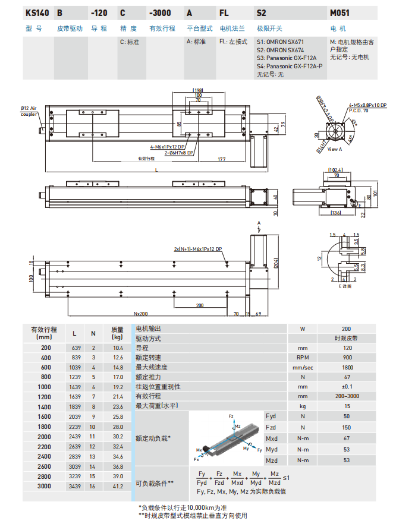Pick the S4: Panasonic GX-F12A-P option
(x=290, y=66)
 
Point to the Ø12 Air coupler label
(x=29, y=111)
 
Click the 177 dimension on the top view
(x=221, y=159)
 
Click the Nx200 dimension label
(x=140, y=313)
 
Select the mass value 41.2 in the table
(x=117, y=487)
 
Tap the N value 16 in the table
(x=93, y=487)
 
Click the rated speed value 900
(x=346, y=358)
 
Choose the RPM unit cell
(x=302, y=358)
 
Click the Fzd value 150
(x=346, y=427)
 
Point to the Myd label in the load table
(x=272, y=449)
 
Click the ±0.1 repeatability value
(x=346, y=386)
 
